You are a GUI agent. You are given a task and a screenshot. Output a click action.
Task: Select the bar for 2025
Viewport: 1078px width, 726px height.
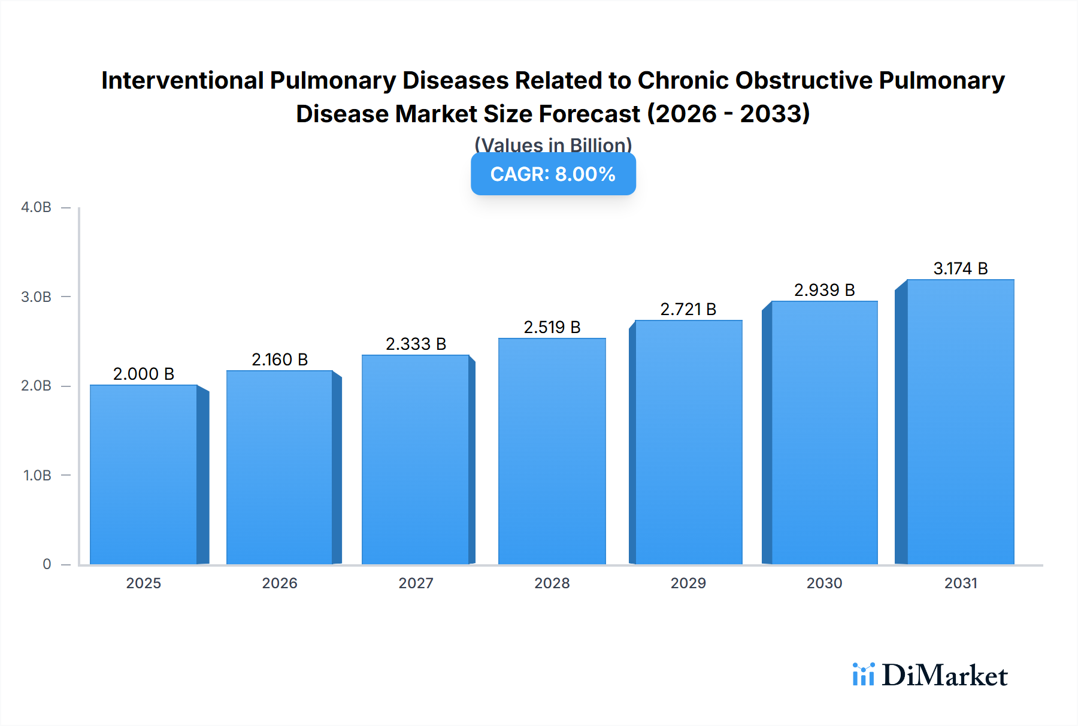coord(144,474)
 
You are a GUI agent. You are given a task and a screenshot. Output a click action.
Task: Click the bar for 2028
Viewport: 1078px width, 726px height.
coord(552,451)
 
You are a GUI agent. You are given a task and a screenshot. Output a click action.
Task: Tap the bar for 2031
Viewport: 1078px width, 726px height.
coord(960,422)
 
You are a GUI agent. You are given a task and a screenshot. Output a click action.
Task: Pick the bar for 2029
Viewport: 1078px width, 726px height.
coord(688,442)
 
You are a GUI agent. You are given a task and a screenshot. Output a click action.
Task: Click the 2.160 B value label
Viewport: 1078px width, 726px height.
coord(280,359)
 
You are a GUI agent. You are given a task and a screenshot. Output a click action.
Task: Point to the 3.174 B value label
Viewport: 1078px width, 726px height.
coord(960,268)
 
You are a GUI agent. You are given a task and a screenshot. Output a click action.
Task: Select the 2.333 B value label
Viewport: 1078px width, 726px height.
coord(416,344)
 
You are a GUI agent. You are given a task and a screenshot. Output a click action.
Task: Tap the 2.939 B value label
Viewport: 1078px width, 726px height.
coord(824,290)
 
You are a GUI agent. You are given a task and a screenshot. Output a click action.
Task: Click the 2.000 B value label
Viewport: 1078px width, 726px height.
coord(144,374)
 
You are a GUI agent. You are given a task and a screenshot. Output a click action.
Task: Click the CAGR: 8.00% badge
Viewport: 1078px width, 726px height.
coord(553,174)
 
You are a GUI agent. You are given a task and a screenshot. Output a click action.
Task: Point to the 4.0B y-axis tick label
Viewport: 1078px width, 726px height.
coord(36,207)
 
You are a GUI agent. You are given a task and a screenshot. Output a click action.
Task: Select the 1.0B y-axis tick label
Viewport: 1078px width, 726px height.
coord(37,475)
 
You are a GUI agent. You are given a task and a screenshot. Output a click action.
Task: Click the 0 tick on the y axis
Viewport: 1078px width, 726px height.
coord(47,564)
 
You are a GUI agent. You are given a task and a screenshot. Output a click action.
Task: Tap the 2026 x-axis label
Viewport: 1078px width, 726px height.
coord(280,583)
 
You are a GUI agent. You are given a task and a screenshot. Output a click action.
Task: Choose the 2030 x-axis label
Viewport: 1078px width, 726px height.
coord(824,583)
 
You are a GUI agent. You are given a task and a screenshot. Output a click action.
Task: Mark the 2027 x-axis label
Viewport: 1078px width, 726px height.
coord(416,583)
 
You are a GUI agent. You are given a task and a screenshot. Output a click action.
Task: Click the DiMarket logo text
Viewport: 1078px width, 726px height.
coord(944,676)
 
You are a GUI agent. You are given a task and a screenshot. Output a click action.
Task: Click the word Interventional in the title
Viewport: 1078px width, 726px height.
coord(182,80)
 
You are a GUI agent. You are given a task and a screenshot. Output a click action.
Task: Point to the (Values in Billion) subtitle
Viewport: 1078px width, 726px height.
coord(553,144)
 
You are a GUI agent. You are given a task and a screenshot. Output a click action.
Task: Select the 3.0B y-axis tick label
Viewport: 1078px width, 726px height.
coord(36,297)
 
